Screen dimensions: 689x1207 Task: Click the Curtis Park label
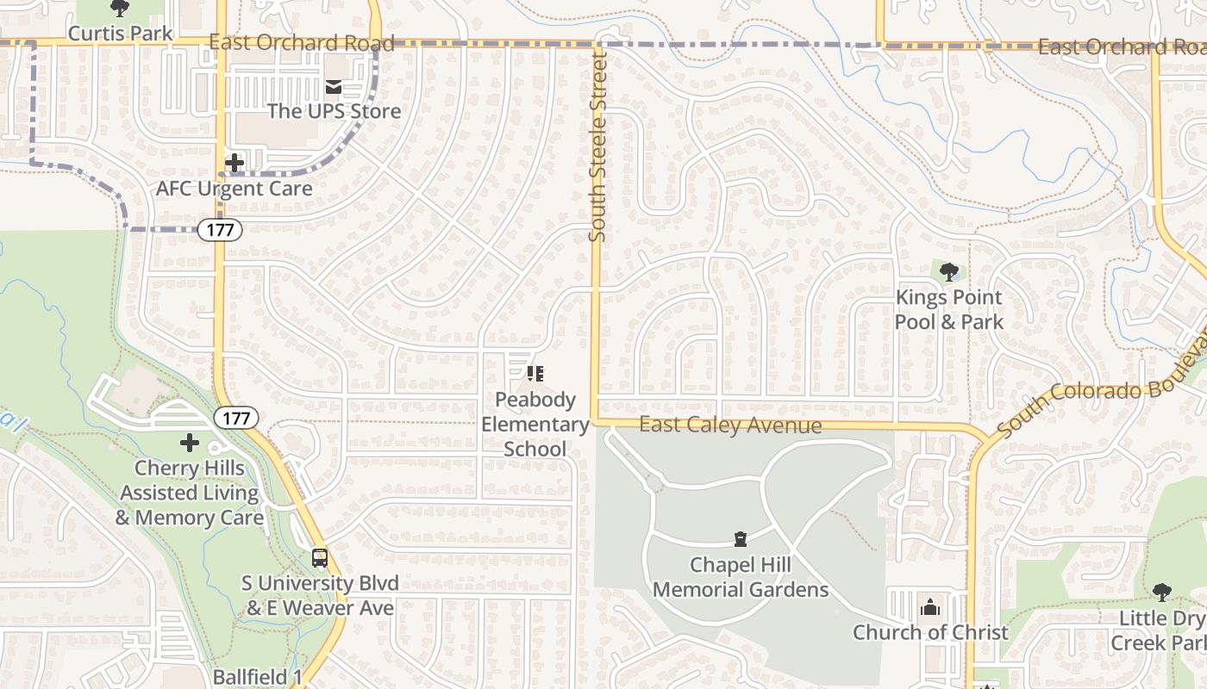[120, 34]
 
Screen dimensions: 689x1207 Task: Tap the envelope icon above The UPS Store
[334, 86]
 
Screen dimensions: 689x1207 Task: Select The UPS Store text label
[334, 111]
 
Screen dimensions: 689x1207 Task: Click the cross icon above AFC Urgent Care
[234, 162]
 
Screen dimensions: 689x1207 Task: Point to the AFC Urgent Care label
[235, 188]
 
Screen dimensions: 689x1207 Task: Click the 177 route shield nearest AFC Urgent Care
[220, 230]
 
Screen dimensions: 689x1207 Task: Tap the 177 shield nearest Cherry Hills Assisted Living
[235, 419]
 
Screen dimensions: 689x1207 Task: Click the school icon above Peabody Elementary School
[535, 374]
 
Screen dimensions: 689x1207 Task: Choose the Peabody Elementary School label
[535, 425]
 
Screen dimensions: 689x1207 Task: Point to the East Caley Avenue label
[730, 425]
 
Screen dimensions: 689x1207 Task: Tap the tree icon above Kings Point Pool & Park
[949, 273]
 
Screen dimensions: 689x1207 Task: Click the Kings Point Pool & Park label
[948, 310]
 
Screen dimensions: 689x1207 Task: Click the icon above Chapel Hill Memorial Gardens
[740, 540]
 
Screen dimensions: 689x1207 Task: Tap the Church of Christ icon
[929, 608]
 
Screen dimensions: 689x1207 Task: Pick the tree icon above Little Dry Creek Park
[1161, 593]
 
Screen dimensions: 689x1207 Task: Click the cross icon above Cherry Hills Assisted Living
[190, 444]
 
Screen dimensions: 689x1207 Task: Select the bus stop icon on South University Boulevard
[320, 558]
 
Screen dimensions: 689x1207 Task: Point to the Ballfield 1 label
[257, 677]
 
